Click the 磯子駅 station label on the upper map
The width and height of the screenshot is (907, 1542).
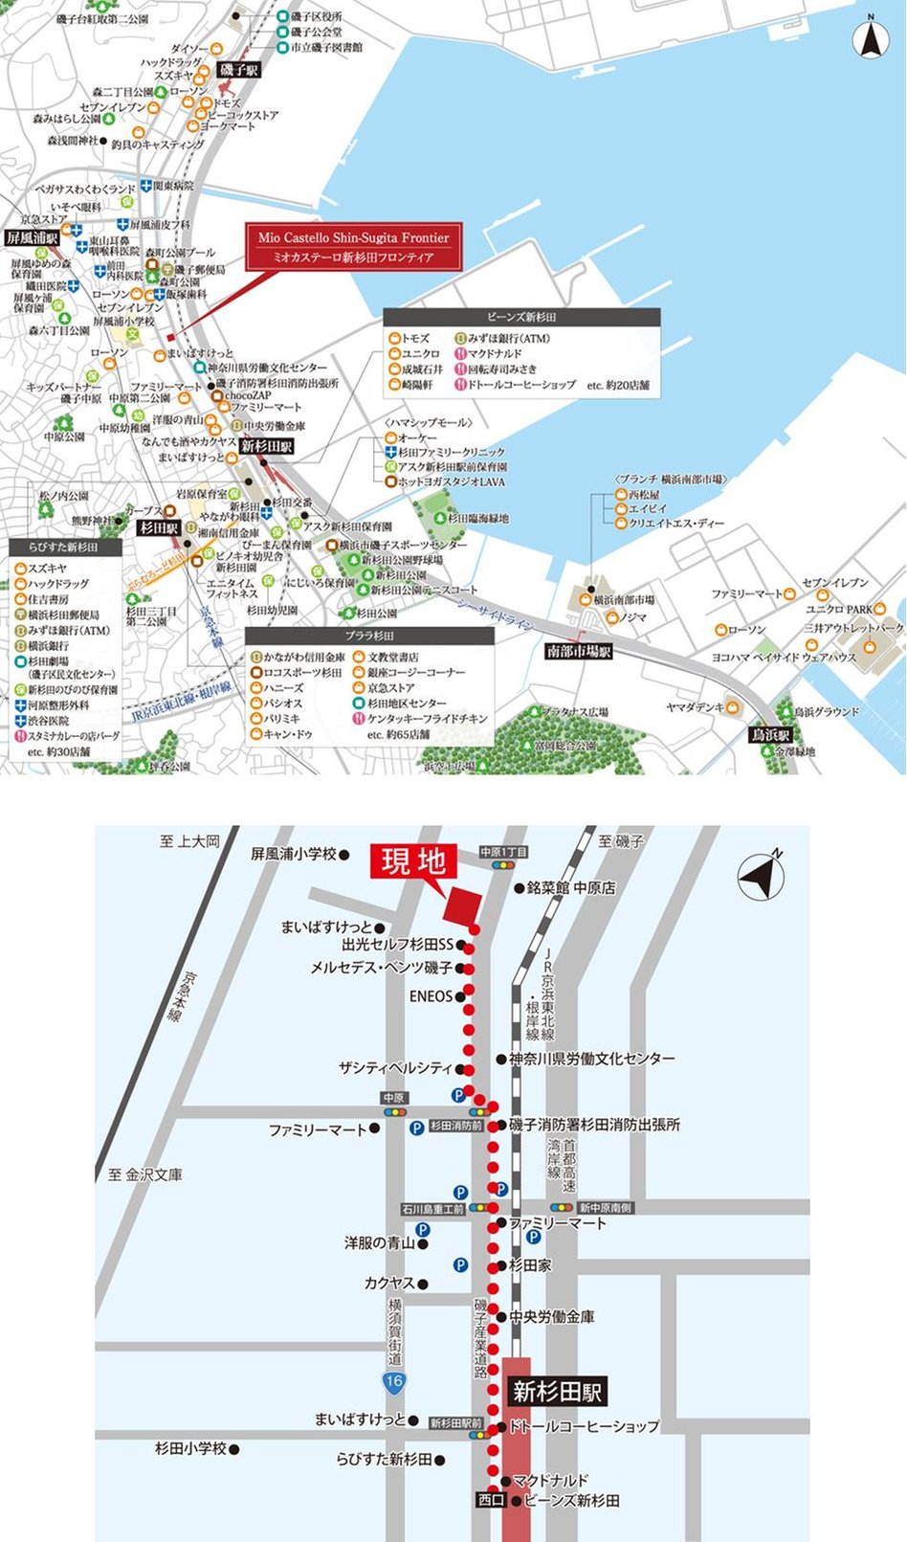[239, 70]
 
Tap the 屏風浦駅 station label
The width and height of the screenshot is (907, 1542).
[32, 237]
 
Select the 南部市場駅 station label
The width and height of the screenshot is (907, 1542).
[578, 651]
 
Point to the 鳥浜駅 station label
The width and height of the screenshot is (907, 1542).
[770, 735]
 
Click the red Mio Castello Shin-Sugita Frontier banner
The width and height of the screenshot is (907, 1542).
[353, 247]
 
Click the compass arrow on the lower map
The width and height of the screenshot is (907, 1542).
[762, 875]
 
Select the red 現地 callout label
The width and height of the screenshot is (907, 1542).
[413, 861]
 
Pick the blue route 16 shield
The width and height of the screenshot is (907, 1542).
[393, 1380]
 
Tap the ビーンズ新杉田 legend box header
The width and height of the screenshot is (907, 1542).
[521, 317]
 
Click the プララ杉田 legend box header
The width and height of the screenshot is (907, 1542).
[369, 636]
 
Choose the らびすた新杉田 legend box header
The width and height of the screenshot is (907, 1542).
[64, 548]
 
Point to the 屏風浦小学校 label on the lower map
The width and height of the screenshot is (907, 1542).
[294, 853]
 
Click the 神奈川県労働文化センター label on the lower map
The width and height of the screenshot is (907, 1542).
[591, 1059]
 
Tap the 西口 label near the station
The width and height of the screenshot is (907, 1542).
[490, 1500]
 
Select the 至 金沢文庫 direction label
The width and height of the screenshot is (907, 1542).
[144, 1174]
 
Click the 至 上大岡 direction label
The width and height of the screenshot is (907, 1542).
[189, 841]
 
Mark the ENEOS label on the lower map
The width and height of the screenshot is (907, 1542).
[431, 996]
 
